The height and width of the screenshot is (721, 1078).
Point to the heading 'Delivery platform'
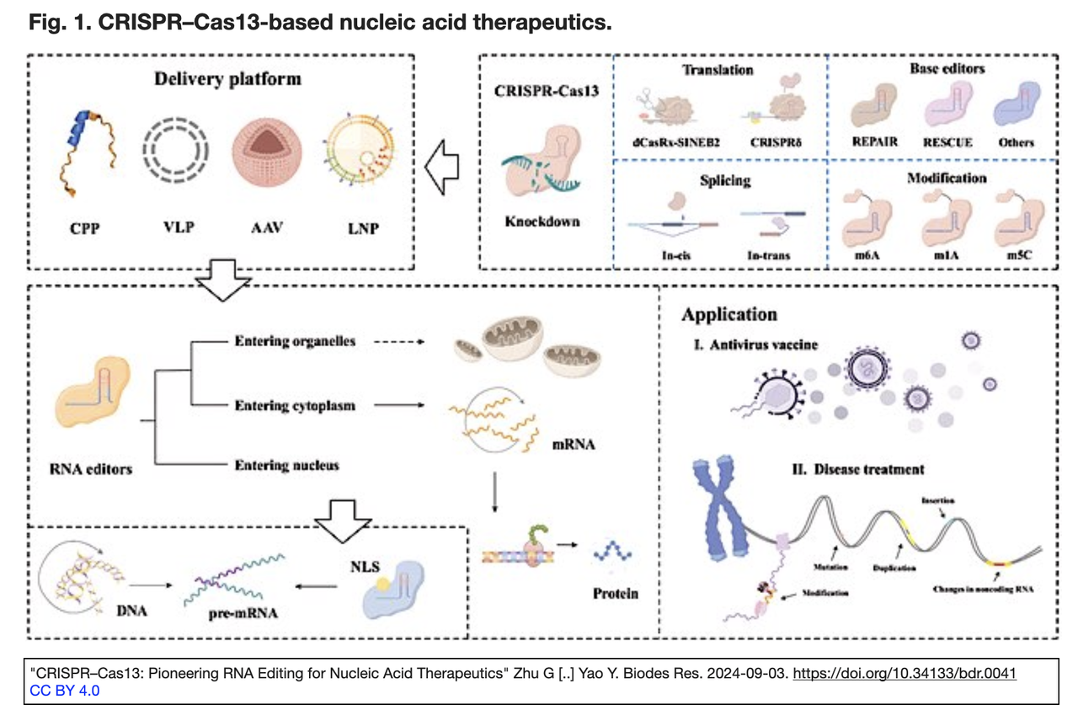point(227,80)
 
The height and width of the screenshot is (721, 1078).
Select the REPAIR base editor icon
point(875,110)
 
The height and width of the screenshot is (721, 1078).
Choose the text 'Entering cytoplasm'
point(295,406)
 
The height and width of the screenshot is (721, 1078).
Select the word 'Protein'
point(615,593)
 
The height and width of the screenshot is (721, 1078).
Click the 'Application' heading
point(729,314)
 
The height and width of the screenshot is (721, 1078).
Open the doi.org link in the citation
point(905,675)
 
